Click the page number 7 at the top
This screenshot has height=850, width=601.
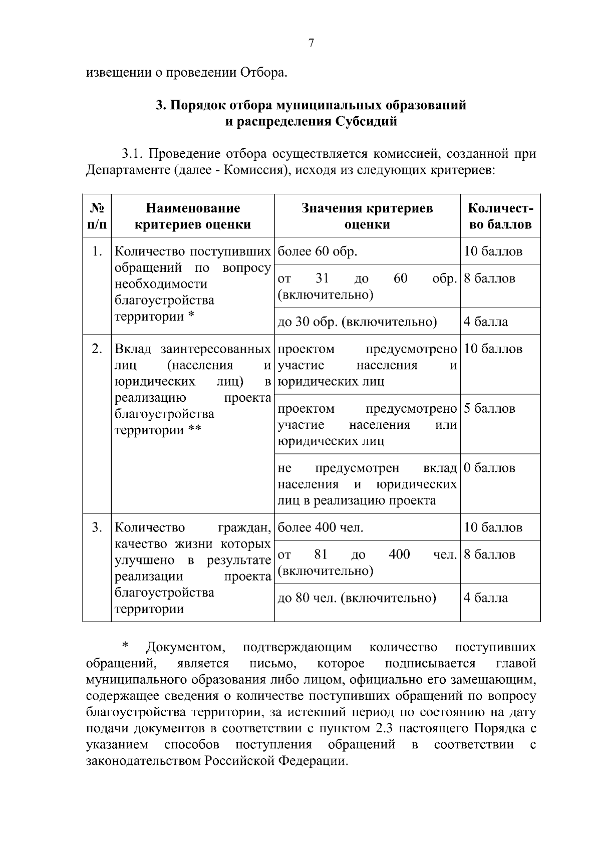[x=311, y=43]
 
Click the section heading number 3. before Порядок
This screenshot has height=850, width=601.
[x=161, y=105]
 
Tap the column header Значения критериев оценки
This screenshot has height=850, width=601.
[x=367, y=216]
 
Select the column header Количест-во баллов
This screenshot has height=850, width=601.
[x=500, y=216]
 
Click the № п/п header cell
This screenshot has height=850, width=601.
[x=97, y=216]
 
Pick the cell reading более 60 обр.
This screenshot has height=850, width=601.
[x=317, y=251]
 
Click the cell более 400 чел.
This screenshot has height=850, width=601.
[x=321, y=527]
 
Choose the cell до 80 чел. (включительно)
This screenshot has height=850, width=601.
[x=357, y=598]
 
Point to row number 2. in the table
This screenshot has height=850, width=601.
[x=97, y=349]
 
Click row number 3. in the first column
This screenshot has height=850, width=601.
[x=97, y=527]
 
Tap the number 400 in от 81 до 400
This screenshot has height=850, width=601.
[x=399, y=554]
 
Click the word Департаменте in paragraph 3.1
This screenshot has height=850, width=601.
[x=128, y=170]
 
